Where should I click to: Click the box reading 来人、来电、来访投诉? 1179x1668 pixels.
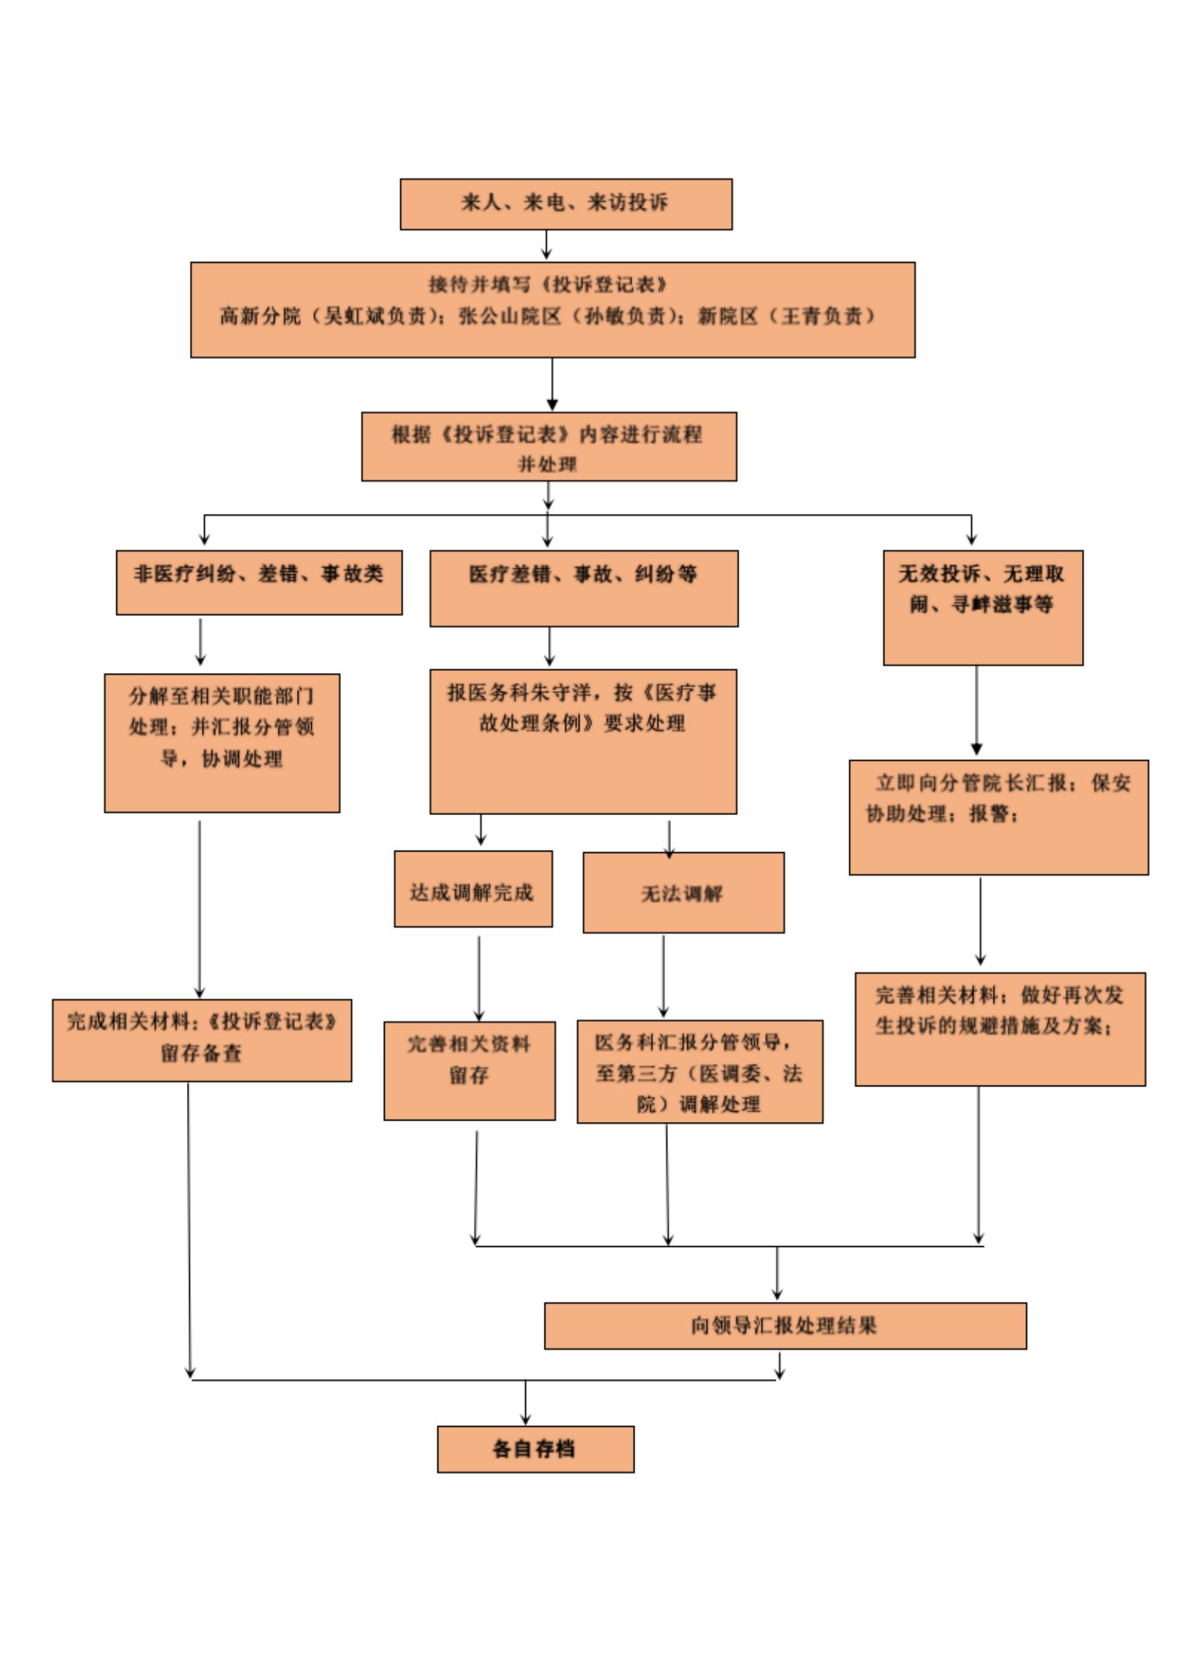(565, 204)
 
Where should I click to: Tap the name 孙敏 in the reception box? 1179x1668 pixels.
(604, 316)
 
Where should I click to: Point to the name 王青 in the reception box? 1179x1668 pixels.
(801, 316)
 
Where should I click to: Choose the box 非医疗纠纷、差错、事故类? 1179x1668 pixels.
(258, 582)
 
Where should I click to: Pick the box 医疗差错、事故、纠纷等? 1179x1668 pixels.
(583, 588)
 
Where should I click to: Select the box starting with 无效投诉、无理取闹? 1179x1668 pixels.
(982, 607)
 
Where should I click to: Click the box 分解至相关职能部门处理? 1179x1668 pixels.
(221, 742)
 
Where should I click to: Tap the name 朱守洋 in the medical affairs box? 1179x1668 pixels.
(560, 693)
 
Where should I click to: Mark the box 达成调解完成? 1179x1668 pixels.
(472, 889)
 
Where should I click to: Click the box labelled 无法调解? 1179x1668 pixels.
(683, 893)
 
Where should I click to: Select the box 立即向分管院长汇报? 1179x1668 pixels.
(998, 817)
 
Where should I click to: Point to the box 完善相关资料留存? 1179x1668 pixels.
(470, 1071)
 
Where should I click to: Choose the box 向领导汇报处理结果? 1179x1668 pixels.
(784, 1326)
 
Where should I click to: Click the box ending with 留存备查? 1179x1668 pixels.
(201, 1041)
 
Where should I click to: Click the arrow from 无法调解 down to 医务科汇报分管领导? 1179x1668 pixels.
(663, 975)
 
